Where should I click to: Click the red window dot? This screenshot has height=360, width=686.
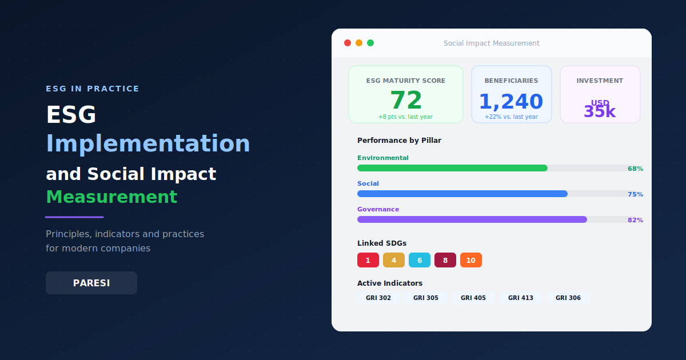(348, 43)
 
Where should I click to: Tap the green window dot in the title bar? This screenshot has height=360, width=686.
(370, 43)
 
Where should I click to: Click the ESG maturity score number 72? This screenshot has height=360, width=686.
(406, 101)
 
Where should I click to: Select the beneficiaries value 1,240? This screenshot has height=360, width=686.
(511, 102)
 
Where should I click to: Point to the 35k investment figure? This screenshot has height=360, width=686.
(600, 111)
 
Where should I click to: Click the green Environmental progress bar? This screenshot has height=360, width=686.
(452, 168)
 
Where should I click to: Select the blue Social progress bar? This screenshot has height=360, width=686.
(462, 194)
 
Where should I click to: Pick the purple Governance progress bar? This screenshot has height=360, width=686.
(472, 219)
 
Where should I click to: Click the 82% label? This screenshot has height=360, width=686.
(635, 220)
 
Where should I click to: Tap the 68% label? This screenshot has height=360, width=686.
(635, 169)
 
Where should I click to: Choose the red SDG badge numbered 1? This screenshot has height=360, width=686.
(368, 260)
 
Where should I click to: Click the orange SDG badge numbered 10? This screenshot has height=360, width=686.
(471, 260)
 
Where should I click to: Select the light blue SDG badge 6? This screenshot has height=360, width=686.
(420, 260)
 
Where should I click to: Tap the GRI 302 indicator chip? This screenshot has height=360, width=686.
(378, 298)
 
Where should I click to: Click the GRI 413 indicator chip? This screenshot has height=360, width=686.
(520, 298)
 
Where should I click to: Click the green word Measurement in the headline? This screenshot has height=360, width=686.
(111, 197)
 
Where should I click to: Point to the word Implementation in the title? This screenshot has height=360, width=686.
(148, 143)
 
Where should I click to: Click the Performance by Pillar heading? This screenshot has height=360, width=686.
(399, 140)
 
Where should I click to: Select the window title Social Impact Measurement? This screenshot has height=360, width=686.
(492, 43)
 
